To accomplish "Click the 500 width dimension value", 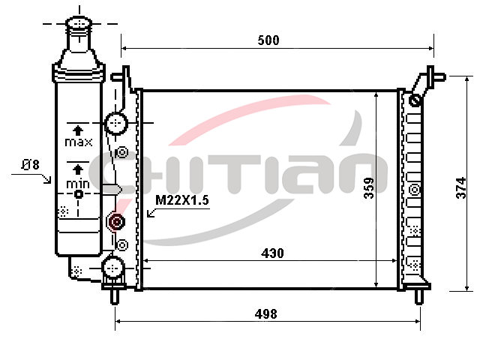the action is [x=268, y=40].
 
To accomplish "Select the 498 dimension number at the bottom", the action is [x=265, y=314].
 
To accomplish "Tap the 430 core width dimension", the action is [x=272, y=253].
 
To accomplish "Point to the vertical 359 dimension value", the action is [x=369, y=188].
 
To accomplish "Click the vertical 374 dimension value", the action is [x=460, y=187].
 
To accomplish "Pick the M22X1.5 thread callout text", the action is [x=181, y=200].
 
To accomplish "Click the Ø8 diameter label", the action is [x=30, y=165].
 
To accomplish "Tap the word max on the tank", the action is [x=78, y=142].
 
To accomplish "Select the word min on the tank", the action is [x=78, y=184].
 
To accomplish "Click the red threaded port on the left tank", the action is [x=116, y=221].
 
